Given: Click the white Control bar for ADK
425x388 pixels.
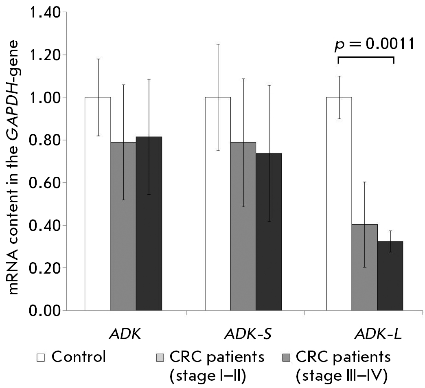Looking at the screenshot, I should pyautogui.click(x=98, y=204).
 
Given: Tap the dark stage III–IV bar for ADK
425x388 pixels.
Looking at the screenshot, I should pyautogui.click(x=149, y=224).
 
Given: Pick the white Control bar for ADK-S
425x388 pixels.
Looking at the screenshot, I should pyautogui.click(x=218, y=204).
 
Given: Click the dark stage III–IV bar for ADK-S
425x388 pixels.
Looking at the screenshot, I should pyautogui.click(x=269, y=232).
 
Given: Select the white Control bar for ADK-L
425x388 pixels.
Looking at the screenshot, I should pyautogui.click(x=339, y=204).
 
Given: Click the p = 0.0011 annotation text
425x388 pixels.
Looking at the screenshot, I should pyautogui.click(x=374, y=44).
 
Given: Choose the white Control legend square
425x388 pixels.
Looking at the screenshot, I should pyautogui.click(x=41, y=357).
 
